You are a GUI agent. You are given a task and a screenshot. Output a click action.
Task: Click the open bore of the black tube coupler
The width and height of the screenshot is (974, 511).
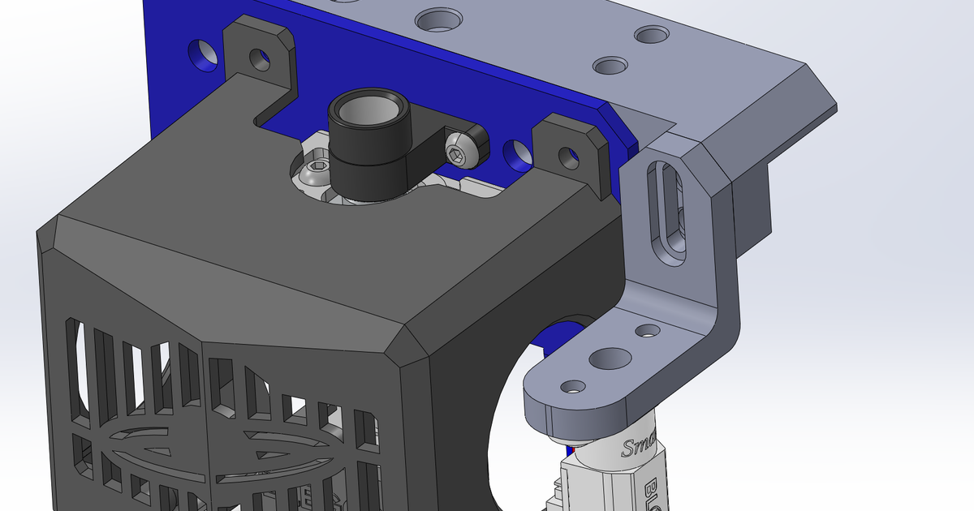(370, 108)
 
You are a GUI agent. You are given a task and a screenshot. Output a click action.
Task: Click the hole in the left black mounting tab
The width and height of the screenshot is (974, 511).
(260, 58)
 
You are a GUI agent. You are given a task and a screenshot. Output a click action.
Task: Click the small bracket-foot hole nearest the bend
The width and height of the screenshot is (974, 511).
(648, 330)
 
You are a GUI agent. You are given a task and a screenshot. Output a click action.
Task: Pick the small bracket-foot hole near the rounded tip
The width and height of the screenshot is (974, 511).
(573, 386)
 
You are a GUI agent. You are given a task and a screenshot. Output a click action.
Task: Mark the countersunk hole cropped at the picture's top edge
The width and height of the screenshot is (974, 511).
(438, 19)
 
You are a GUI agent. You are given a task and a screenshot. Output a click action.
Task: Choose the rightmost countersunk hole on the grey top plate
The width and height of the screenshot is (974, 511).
(651, 34)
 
